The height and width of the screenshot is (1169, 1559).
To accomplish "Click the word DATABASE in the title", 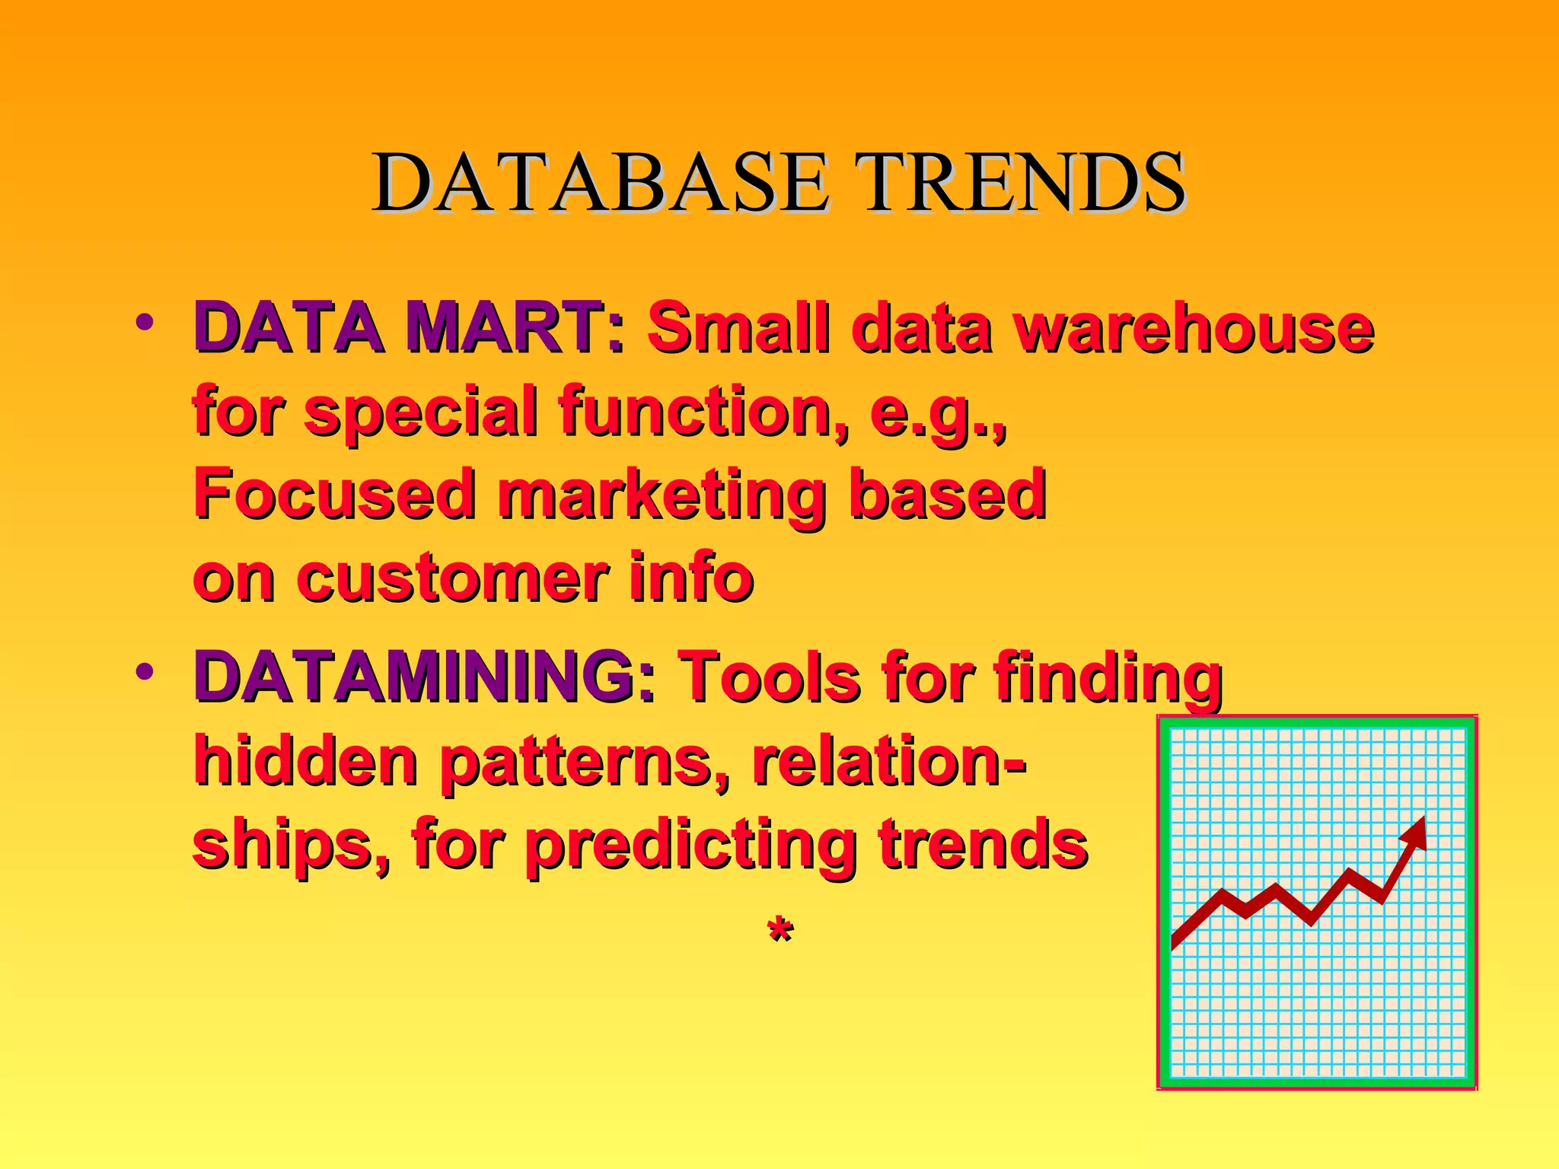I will (x=599, y=183).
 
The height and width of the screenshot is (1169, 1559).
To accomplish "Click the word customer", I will (x=453, y=578).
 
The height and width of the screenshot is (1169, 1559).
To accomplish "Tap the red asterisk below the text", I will (x=780, y=930).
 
